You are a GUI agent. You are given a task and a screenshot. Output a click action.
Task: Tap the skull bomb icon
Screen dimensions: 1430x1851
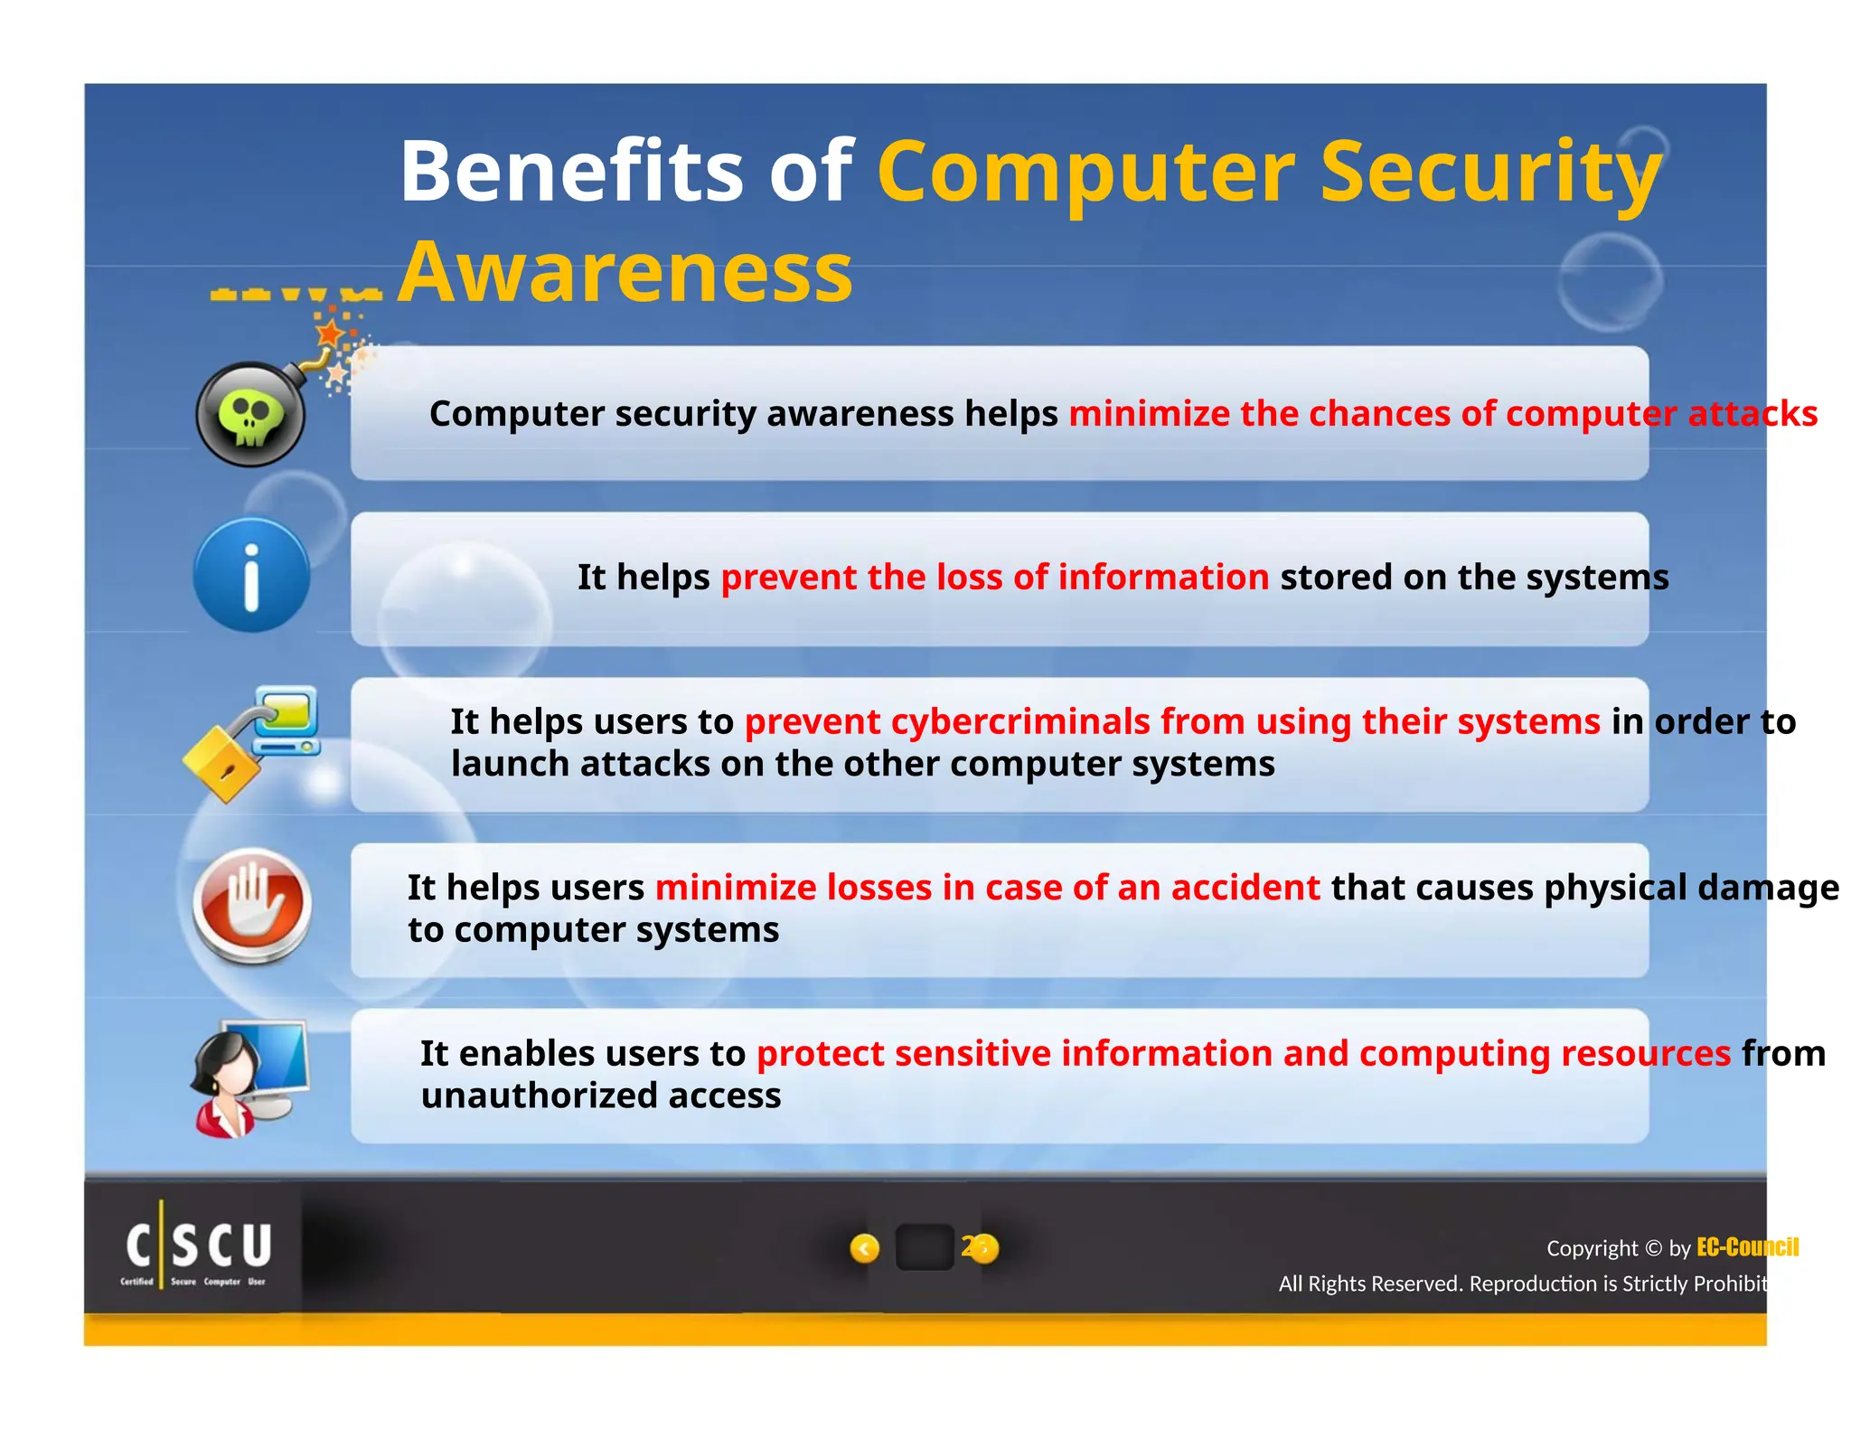pos(251,415)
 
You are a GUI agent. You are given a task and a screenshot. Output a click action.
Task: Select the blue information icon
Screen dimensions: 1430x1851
pos(251,576)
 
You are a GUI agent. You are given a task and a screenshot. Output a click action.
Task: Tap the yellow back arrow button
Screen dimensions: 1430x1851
pos(864,1248)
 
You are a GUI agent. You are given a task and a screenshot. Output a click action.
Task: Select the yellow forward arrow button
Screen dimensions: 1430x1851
pos(983,1248)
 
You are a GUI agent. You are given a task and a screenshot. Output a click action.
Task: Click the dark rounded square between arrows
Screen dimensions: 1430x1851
pos(924,1248)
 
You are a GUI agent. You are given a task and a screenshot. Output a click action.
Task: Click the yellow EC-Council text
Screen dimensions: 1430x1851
pos(1746,1247)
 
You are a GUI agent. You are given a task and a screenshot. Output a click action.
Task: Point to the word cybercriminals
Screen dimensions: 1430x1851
pos(1019,721)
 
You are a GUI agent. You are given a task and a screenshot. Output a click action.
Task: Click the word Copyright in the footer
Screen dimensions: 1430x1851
pos(1591,1248)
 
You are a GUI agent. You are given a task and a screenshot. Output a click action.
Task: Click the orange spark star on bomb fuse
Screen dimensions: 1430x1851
pos(331,333)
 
